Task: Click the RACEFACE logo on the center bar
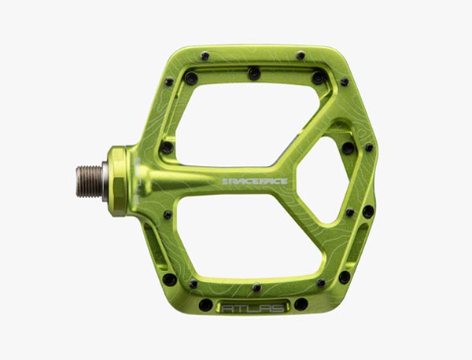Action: click(x=254, y=182)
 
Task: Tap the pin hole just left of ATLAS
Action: click(x=205, y=305)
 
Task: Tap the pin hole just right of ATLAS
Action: click(x=301, y=304)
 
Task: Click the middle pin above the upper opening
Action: click(x=254, y=73)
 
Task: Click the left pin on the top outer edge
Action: click(x=205, y=56)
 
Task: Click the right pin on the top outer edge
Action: click(x=301, y=56)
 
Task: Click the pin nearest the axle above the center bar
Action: click(x=167, y=147)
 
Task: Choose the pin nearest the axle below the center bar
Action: click(x=168, y=215)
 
